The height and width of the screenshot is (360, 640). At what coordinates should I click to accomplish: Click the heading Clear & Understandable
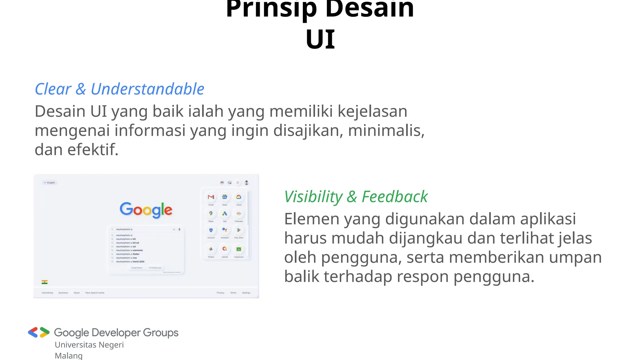(x=119, y=89)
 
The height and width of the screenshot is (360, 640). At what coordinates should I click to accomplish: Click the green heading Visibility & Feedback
(x=356, y=197)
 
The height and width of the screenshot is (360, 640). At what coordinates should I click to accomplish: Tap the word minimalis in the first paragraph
(x=386, y=131)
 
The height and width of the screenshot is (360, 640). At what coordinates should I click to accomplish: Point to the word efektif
(x=93, y=150)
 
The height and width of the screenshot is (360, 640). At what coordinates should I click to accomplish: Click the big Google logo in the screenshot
(x=146, y=210)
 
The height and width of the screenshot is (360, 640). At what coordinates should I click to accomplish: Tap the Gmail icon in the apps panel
(x=211, y=197)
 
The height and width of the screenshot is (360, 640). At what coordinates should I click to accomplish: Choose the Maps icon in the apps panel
(x=211, y=214)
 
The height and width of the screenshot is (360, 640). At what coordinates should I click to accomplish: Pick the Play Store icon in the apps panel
(x=239, y=230)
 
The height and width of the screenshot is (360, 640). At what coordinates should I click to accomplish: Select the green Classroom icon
(x=239, y=249)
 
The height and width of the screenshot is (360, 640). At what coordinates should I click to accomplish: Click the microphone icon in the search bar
(x=179, y=229)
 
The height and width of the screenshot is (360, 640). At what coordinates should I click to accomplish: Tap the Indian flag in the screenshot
(x=45, y=282)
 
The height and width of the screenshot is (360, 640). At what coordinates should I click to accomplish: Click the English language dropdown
(x=50, y=183)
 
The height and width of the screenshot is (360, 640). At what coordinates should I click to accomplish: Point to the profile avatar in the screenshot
(x=247, y=183)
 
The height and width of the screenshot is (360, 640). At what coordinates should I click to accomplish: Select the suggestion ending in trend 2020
(x=130, y=262)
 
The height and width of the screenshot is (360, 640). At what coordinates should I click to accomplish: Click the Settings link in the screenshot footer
(x=246, y=293)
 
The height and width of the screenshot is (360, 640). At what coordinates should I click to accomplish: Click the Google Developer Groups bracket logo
(x=39, y=332)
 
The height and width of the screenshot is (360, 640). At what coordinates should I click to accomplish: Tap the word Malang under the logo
(x=69, y=356)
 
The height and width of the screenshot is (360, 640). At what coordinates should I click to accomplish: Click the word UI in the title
(x=320, y=40)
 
